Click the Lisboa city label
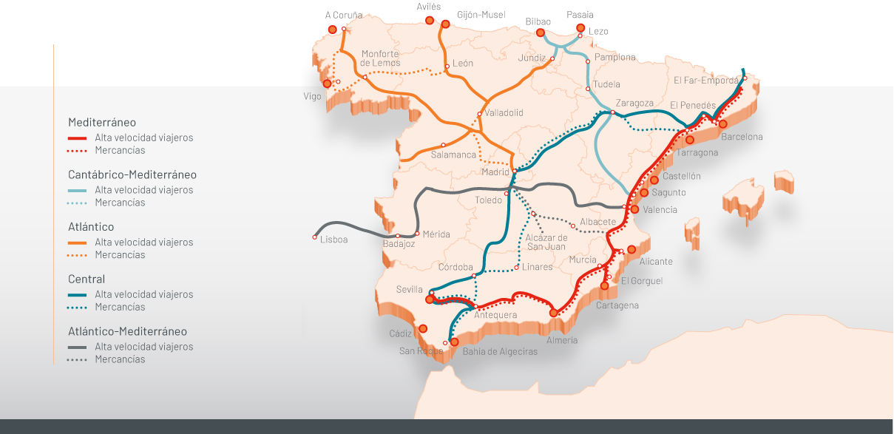click(x=333, y=240)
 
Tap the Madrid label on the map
click(x=495, y=172)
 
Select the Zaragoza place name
click(x=634, y=104)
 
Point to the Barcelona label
click(x=742, y=137)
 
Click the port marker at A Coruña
click(x=333, y=30)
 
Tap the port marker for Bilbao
click(x=541, y=33)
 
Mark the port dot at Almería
click(x=554, y=313)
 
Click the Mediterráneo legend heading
click(x=102, y=122)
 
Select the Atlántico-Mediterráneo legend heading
click(x=127, y=331)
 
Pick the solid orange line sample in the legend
click(x=78, y=243)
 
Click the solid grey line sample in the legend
click(x=78, y=347)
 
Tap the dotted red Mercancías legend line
click(x=78, y=151)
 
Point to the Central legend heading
click(x=87, y=279)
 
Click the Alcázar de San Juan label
click(x=546, y=242)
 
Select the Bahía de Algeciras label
click(x=500, y=352)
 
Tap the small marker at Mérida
click(x=417, y=234)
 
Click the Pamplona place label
click(x=614, y=57)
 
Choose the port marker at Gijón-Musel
click(x=445, y=24)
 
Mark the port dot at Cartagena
click(x=604, y=285)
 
